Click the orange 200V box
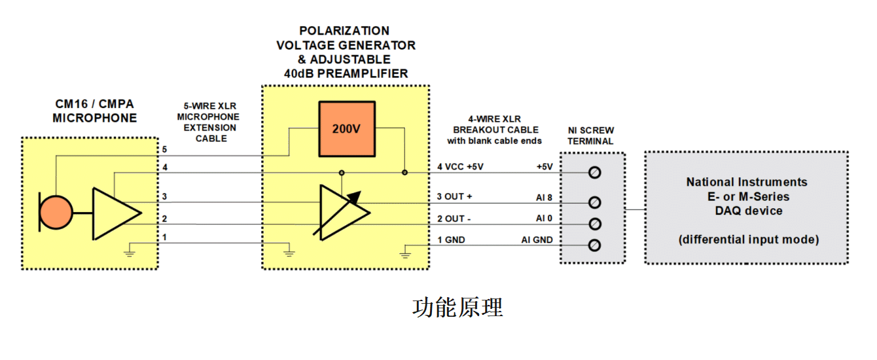pyautogui.click(x=346, y=129)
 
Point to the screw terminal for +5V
pyautogui.click(x=595, y=172)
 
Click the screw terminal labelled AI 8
pyautogui.click(x=595, y=202)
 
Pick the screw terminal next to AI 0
pyautogui.click(x=595, y=224)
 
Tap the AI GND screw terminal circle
pyautogui.click(x=595, y=245)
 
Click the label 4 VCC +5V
pyautogui.click(x=460, y=166)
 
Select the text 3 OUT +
pyautogui.click(x=454, y=196)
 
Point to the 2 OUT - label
pyautogui.click(x=454, y=219)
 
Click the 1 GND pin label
pyautogui.click(x=451, y=240)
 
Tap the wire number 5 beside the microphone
pyautogui.click(x=165, y=150)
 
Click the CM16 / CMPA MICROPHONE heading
pyautogui.click(x=94, y=111)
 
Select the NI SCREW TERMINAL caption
pyautogui.click(x=590, y=135)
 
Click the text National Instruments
pyautogui.click(x=747, y=182)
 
